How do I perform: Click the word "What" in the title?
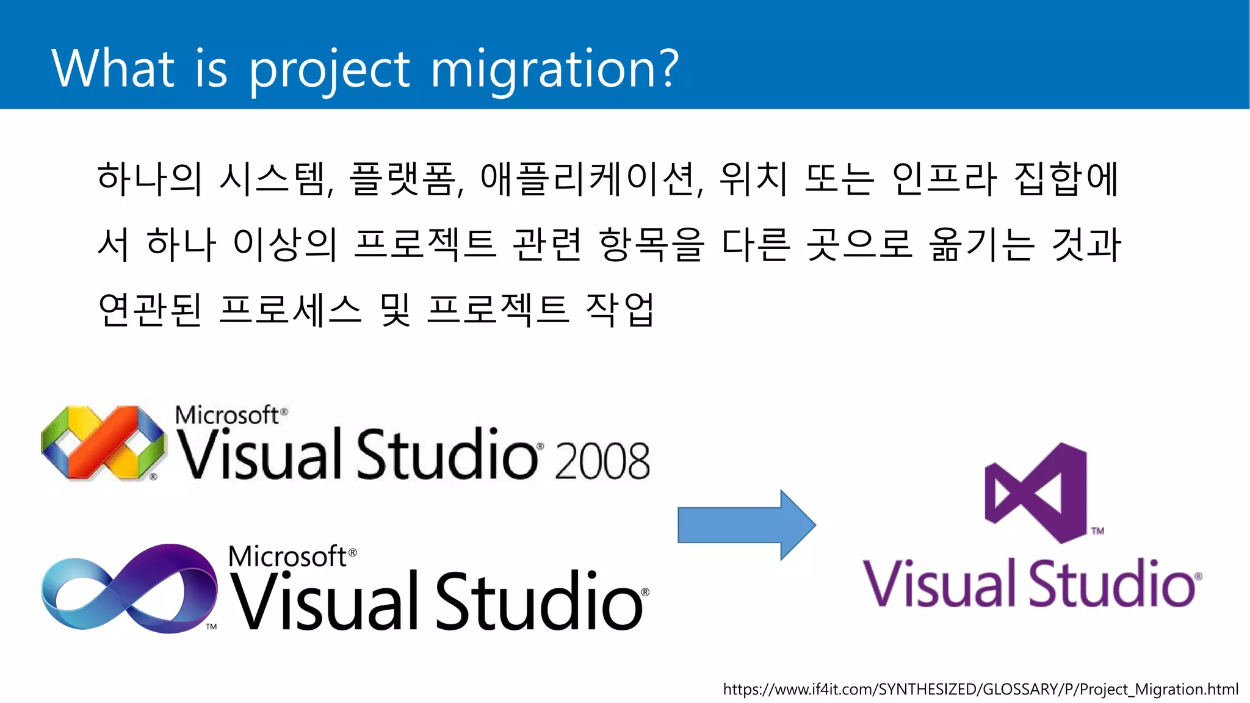pyautogui.click(x=113, y=68)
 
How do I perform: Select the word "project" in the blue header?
pyautogui.click(x=330, y=70)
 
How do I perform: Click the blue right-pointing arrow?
pyautogui.click(x=746, y=524)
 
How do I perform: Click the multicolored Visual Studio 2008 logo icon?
pyautogui.click(x=103, y=442)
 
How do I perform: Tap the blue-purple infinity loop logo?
pyautogui.click(x=128, y=588)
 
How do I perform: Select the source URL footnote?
pyautogui.click(x=980, y=690)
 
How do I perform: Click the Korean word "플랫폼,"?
pyautogui.click(x=406, y=179)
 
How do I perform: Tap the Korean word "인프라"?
pyautogui.click(x=944, y=179)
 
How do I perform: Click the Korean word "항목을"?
pyautogui.click(x=651, y=244)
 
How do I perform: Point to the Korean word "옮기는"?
pyautogui.click(x=981, y=244)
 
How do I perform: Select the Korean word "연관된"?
pyautogui.click(x=150, y=309)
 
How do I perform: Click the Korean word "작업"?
pyautogui.click(x=620, y=309)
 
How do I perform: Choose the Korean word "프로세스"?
pyautogui.click(x=291, y=309)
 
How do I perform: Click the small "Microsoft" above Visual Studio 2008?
pyautogui.click(x=227, y=416)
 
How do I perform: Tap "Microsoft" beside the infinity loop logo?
pyautogui.click(x=288, y=557)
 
